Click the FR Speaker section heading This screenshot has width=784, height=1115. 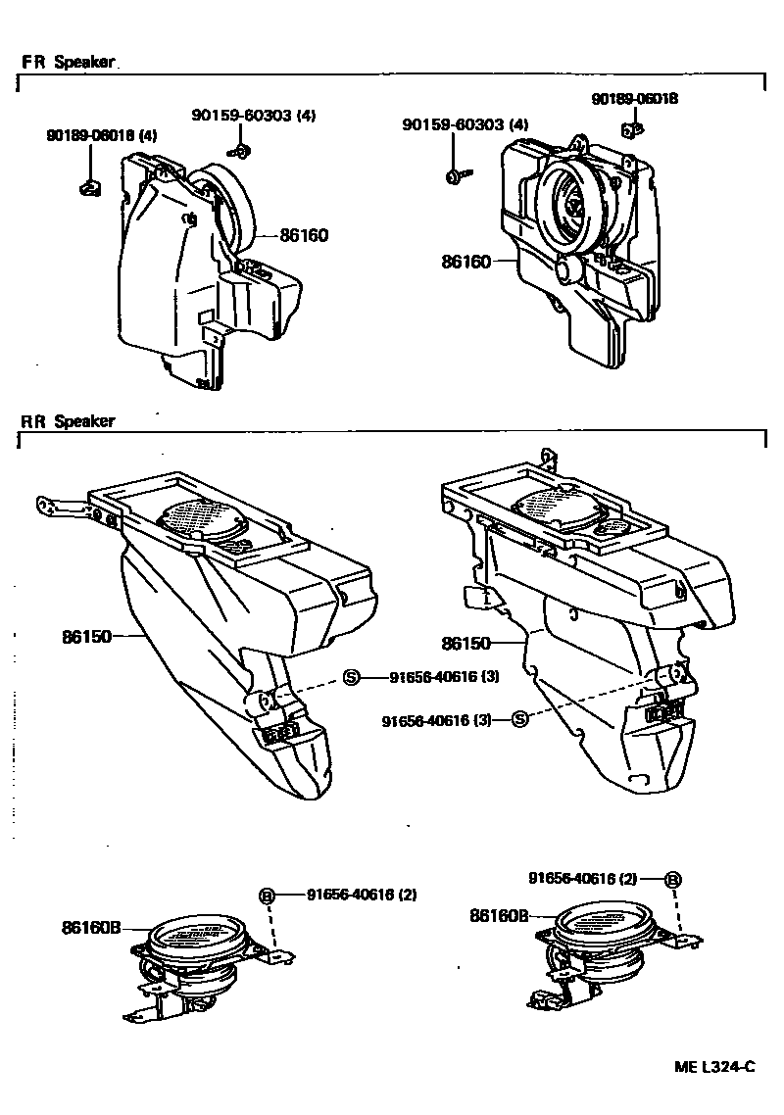[x=68, y=62]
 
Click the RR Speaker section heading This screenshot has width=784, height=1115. [x=68, y=421]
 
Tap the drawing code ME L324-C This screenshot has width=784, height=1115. [x=714, y=1067]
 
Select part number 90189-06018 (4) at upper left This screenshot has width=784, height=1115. [x=101, y=135]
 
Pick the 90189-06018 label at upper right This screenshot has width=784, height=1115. [x=635, y=99]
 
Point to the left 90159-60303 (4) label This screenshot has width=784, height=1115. [x=253, y=116]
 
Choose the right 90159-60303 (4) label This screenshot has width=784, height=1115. [x=465, y=124]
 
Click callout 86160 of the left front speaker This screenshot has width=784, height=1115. [x=304, y=235]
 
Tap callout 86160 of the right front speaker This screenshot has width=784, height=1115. [x=466, y=262]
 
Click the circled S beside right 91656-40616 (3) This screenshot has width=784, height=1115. [x=519, y=720]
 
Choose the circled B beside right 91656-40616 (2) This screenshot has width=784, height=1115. [x=672, y=879]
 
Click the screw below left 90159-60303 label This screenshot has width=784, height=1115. [x=238, y=150]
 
